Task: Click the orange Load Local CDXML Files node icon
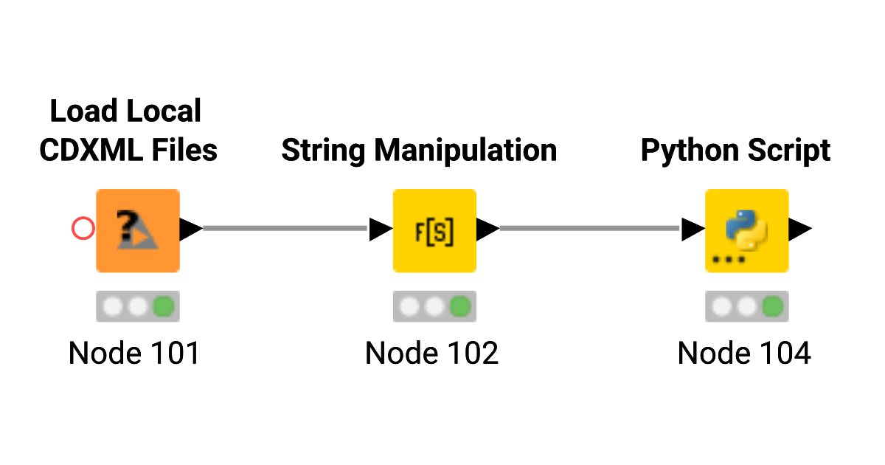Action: pos(138,230)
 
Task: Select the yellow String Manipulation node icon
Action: pos(434,230)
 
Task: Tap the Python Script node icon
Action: pos(746,230)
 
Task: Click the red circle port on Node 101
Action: pos(83,229)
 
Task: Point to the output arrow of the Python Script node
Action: pos(800,230)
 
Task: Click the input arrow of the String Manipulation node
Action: pos(381,230)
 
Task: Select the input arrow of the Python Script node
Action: pos(693,230)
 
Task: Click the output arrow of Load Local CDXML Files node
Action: pos(191,230)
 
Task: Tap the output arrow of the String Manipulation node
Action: pos(487,230)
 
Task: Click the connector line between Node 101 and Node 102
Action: pos(285,229)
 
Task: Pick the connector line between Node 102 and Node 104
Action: pos(589,229)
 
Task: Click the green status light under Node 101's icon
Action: pos(164,306)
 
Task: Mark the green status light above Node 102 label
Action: pos(460,306)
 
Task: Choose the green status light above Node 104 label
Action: pos(772,306)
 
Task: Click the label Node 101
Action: pos(134,354)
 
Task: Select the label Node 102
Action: pos(431,354)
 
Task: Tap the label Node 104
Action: pos(744,354)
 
